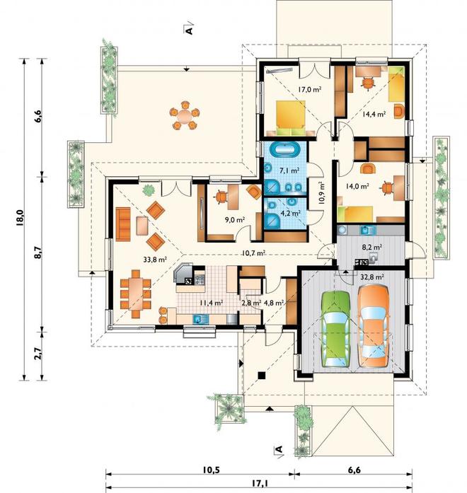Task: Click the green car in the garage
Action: click(335, 329)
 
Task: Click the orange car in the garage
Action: click(374, 326)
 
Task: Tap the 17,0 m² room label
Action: click(309, 89)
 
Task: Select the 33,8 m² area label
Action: click(155, 260)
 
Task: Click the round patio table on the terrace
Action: click(185, 115)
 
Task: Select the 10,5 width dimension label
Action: click(211, 470)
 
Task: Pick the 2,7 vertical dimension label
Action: click(38, 353)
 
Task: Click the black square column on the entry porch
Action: click(261, 375)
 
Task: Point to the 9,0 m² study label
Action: click(235, 220)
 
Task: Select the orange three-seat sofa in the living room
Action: click(123, 224)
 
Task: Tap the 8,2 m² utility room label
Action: click(372, 247)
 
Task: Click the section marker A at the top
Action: click(189, 28)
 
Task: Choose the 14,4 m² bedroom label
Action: click(374, 114)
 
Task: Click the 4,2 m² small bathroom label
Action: click(291, 213)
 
